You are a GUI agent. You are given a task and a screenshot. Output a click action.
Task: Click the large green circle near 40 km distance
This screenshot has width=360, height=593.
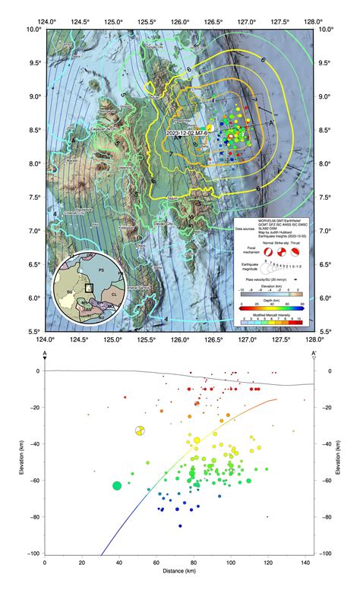click(117, 485)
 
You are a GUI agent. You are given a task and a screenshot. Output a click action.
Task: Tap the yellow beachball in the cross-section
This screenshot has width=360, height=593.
click(139, 431)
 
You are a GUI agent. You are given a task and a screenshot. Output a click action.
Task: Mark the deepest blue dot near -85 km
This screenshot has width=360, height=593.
click(180, 526)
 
